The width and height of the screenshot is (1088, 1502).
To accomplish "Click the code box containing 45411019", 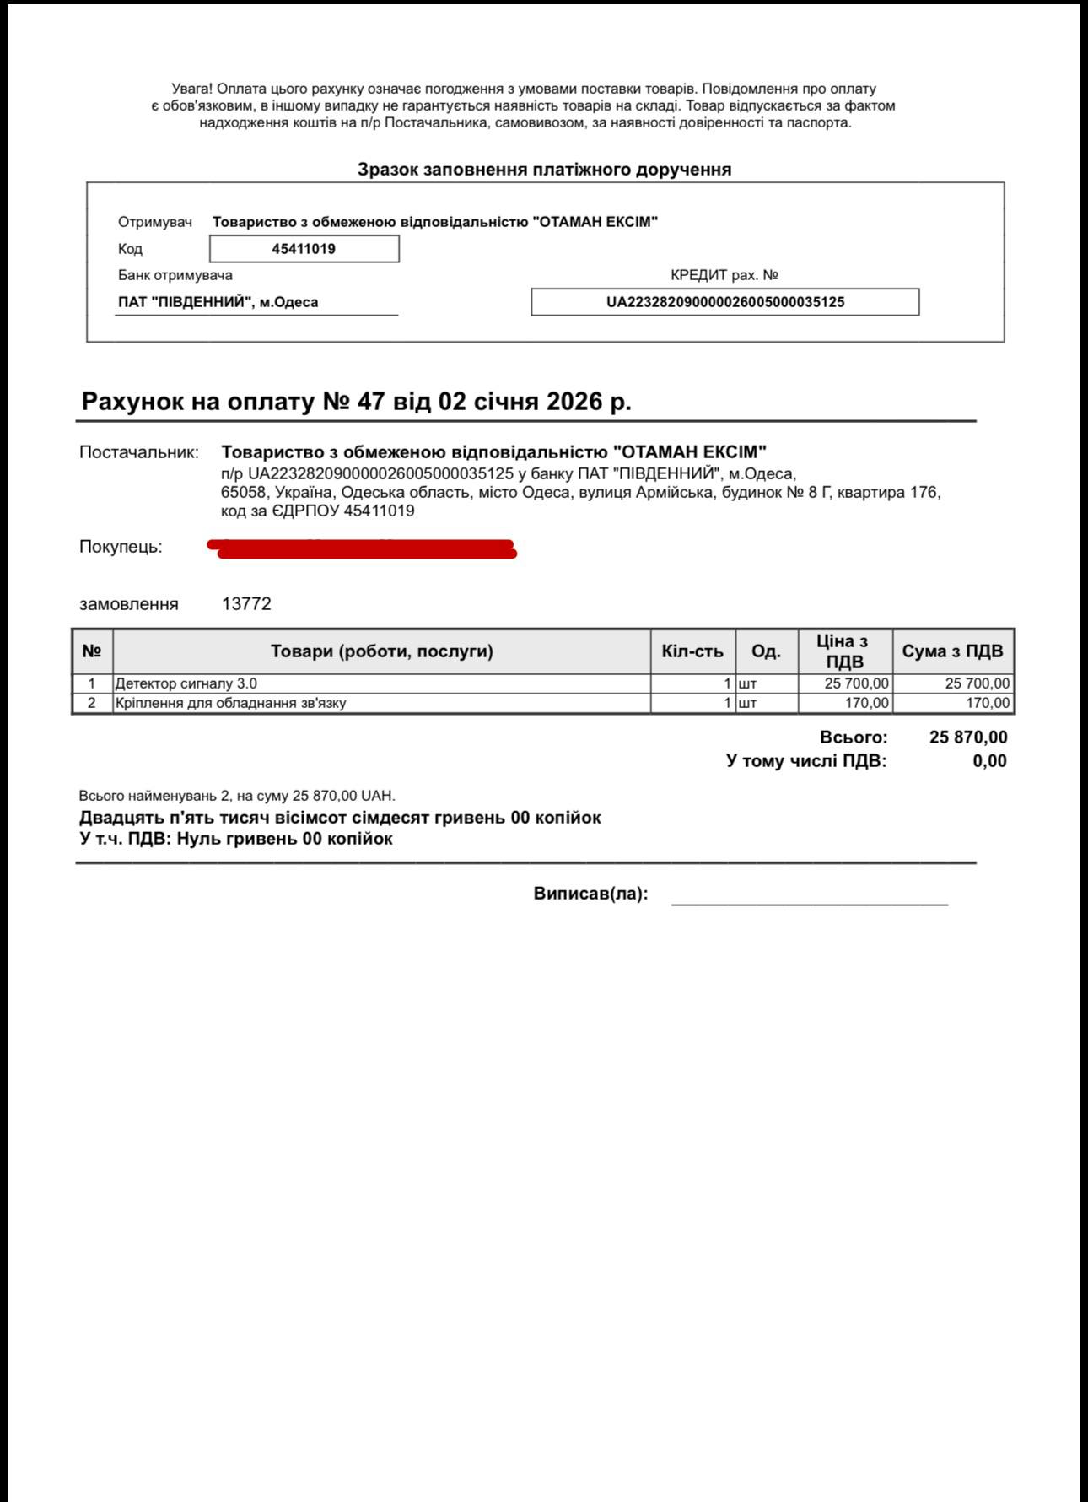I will [304, 249].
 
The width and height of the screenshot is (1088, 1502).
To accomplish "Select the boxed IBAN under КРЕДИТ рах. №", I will [724, 302].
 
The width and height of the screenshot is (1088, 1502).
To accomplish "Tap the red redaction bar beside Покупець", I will [363, 548].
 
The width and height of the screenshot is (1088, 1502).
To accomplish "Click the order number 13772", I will [246, 604].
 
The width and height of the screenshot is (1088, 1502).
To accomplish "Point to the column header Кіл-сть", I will [692, 651].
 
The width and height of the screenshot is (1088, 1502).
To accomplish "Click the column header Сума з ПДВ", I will [952, 651].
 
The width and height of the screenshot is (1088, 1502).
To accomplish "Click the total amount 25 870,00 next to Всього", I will [967, 737].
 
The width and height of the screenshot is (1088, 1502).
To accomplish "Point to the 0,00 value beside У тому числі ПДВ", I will [989, 761].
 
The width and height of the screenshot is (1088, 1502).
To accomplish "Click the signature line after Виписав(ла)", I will [809, 900].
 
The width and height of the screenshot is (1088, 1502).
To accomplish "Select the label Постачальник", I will [139, 452].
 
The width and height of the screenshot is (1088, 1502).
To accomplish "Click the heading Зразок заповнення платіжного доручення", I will [544, 170].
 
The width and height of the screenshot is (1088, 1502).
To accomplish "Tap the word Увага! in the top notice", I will [192, 89].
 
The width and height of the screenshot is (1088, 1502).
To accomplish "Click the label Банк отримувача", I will [175, 275].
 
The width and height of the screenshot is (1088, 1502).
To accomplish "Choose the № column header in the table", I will [92, 651].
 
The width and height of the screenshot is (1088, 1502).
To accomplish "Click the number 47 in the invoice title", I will [370, 401].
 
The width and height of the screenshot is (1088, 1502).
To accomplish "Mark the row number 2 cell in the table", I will [92, 703].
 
